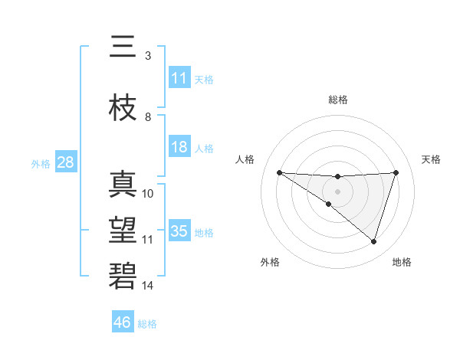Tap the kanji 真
(123, 185)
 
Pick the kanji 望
(123, 231)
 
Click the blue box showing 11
(179, 78)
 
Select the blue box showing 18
(179, 147)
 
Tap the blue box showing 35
(179, 231)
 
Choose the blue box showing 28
(65, 162)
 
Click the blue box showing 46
(123, 322)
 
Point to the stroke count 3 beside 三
(147, 56)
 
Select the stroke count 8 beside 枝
(148, 117)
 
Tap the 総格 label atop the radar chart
(337, 100)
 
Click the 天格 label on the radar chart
(432, 159)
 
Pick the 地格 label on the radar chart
(402, 262)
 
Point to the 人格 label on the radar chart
(245, 159)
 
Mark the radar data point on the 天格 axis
(396, 172)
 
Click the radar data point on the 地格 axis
(373, 242)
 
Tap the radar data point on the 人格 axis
(279, 172)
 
